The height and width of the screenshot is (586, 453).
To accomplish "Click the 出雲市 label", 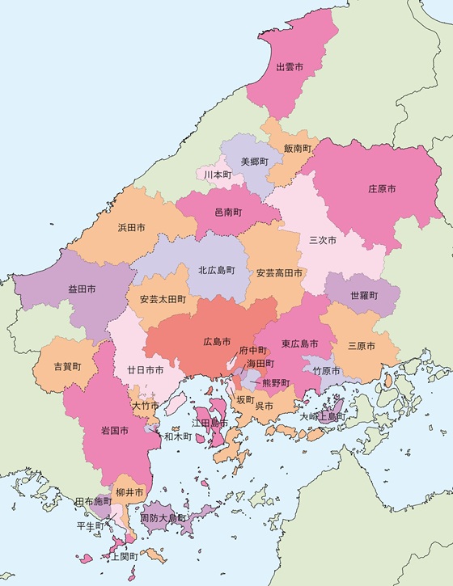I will pos(289,65).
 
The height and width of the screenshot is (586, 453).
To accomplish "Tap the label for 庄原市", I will pos(382,188).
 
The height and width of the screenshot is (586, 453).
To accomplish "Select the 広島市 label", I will pos(217,342).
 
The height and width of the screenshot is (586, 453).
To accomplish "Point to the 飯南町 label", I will pos(297,149).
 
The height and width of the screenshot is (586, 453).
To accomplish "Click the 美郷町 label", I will pos(254,161).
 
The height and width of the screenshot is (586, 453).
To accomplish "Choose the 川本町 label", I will pos(218,175).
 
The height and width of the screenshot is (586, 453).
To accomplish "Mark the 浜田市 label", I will pos(131,227).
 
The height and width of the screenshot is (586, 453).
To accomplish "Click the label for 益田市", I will pos(81,288).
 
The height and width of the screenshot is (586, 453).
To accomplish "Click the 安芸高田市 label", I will pos(279,273).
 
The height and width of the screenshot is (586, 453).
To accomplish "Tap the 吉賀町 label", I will pos(67,366).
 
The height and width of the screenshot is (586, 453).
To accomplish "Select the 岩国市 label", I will pos(115,430).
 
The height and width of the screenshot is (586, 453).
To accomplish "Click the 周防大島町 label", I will pos(163,517).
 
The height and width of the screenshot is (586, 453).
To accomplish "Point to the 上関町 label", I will pos(124,557).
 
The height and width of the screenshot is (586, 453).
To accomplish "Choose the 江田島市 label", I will pos(210,423).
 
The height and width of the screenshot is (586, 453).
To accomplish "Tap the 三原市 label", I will pos(361,346).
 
